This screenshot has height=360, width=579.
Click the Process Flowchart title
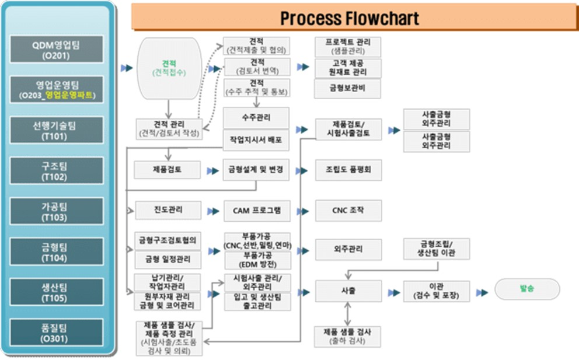click(349, 18)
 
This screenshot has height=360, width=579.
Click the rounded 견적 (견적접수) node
click(169, 68)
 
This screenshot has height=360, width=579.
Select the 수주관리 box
click(256, 118)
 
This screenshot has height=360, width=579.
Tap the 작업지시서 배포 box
click(256, 139)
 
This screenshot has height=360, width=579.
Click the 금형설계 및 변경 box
click(256, 170)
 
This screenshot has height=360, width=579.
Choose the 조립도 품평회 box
click(348, 170)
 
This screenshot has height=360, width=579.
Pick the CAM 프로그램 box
click(256, 211)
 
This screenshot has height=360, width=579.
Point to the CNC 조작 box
click(348, 211)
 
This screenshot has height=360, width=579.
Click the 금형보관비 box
click(348, 89)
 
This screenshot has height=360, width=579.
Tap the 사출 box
click(348, 290)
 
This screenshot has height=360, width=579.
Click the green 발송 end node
click(526, 289)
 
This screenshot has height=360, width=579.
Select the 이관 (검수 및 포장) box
click(436, 291)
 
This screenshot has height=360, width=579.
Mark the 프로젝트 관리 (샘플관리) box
click(348, 47)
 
